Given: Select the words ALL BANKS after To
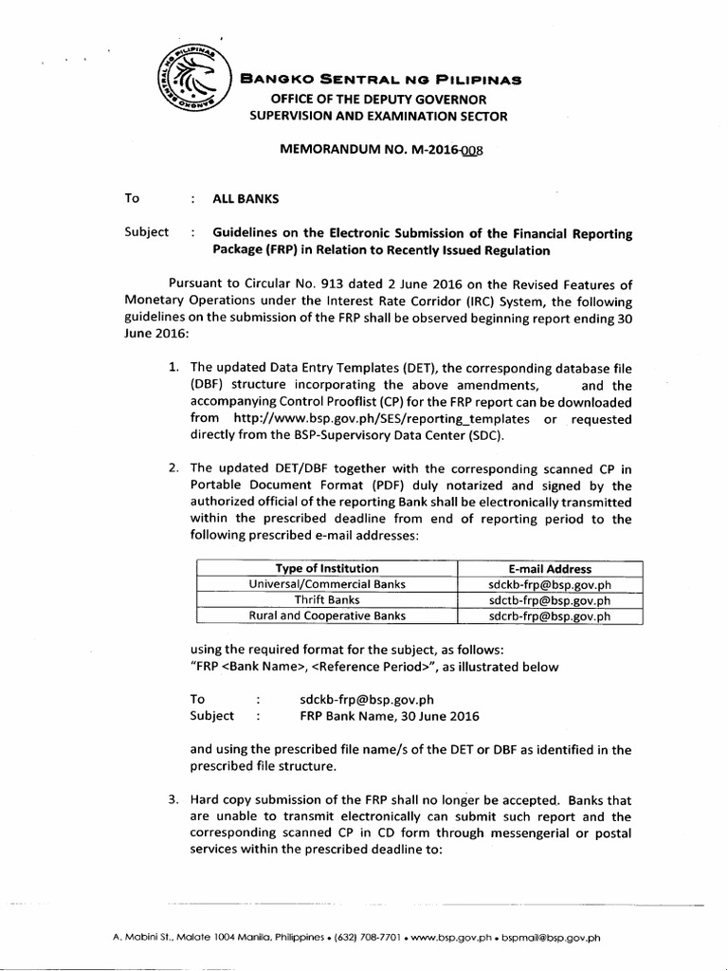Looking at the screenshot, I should (x=245, y=198).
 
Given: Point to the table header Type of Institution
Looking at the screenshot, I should (x=326, y=568).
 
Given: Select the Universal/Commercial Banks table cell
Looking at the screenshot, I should (x=326, y=584).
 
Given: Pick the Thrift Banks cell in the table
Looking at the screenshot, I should (x=326, y=599).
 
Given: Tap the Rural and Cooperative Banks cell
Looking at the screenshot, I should (x=326, y=615).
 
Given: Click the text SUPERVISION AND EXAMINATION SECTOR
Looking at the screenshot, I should (x=378, y=117).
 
